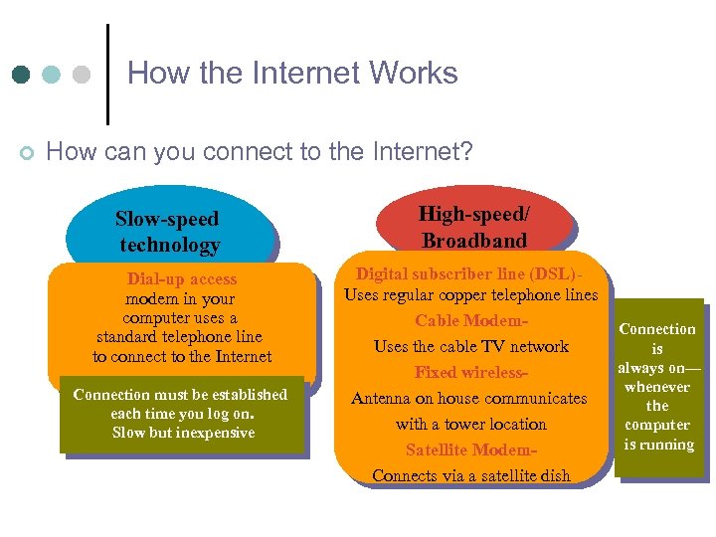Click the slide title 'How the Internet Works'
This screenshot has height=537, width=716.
292,74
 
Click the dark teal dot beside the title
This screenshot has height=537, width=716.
22,75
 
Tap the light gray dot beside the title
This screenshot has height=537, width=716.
82,75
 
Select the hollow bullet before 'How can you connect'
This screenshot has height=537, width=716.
27,152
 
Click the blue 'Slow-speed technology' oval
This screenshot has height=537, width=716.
168,232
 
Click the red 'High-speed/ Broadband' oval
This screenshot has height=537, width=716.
474,227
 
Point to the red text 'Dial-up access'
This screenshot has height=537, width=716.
182,279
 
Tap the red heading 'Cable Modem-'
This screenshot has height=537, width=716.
470,320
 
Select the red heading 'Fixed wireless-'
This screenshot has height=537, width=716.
470,372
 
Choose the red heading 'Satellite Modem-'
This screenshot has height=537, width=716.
470,449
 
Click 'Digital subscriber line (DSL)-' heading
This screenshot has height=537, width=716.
469,273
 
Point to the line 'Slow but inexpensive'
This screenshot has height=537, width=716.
183,433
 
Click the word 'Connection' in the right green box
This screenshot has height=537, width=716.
657,329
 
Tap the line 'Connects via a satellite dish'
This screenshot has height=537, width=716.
470,475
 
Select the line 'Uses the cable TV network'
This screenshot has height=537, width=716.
470,346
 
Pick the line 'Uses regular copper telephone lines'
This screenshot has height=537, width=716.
470,294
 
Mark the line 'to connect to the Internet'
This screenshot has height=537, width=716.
182,356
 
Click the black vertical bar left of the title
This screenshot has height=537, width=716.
106,74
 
